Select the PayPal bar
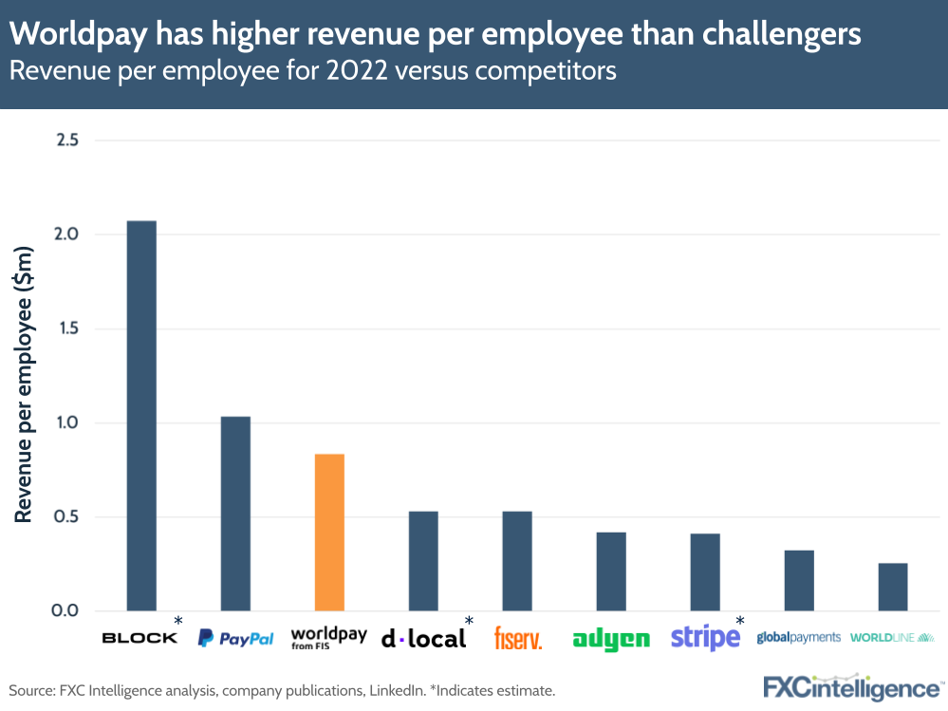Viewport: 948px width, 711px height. click(x=235, y=514)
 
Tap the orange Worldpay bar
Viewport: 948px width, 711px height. click(x=329, y=533)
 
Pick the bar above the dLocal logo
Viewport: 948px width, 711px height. click(x=423, y=561)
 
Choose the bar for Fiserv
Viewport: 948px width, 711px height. click(x=517, y=561)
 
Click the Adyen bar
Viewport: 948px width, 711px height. click(x=611, y=571)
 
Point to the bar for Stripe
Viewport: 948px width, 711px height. click(x=705, y=572)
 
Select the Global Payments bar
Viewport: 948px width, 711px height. click(x=799, y=581)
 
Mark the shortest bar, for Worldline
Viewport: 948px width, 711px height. click(x=893, y=588)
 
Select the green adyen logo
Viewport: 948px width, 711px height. click(x=611, y=640)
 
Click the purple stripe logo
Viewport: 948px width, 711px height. click(x=705, y=638)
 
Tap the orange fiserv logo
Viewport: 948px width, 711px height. click(x=518, y=638)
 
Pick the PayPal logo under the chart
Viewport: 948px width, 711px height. click(x=235, y=639)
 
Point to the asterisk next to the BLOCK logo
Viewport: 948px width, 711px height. click(x=178, y=621)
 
